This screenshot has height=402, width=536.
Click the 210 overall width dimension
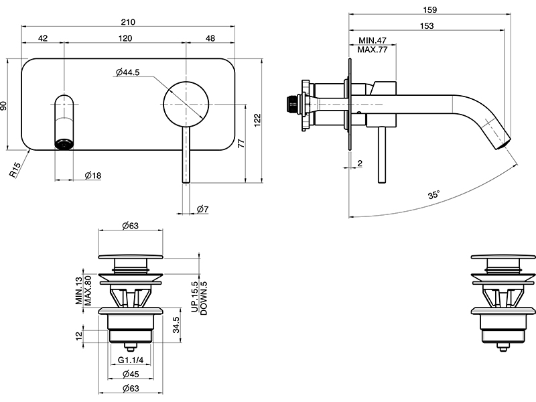click(x=129, y=21)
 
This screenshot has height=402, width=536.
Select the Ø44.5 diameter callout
click(x=127, y=72)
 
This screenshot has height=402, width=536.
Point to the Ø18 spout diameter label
click(x=93, y=176)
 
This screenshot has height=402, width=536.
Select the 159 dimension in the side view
click(x=430, y=9)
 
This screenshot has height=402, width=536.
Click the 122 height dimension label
click(x=257, y=118)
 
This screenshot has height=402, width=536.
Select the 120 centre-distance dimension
click(x=125, y=39)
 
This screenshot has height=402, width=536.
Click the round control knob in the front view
click(x=186, y=102)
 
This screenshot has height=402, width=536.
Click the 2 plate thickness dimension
click(x=360, y=163)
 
